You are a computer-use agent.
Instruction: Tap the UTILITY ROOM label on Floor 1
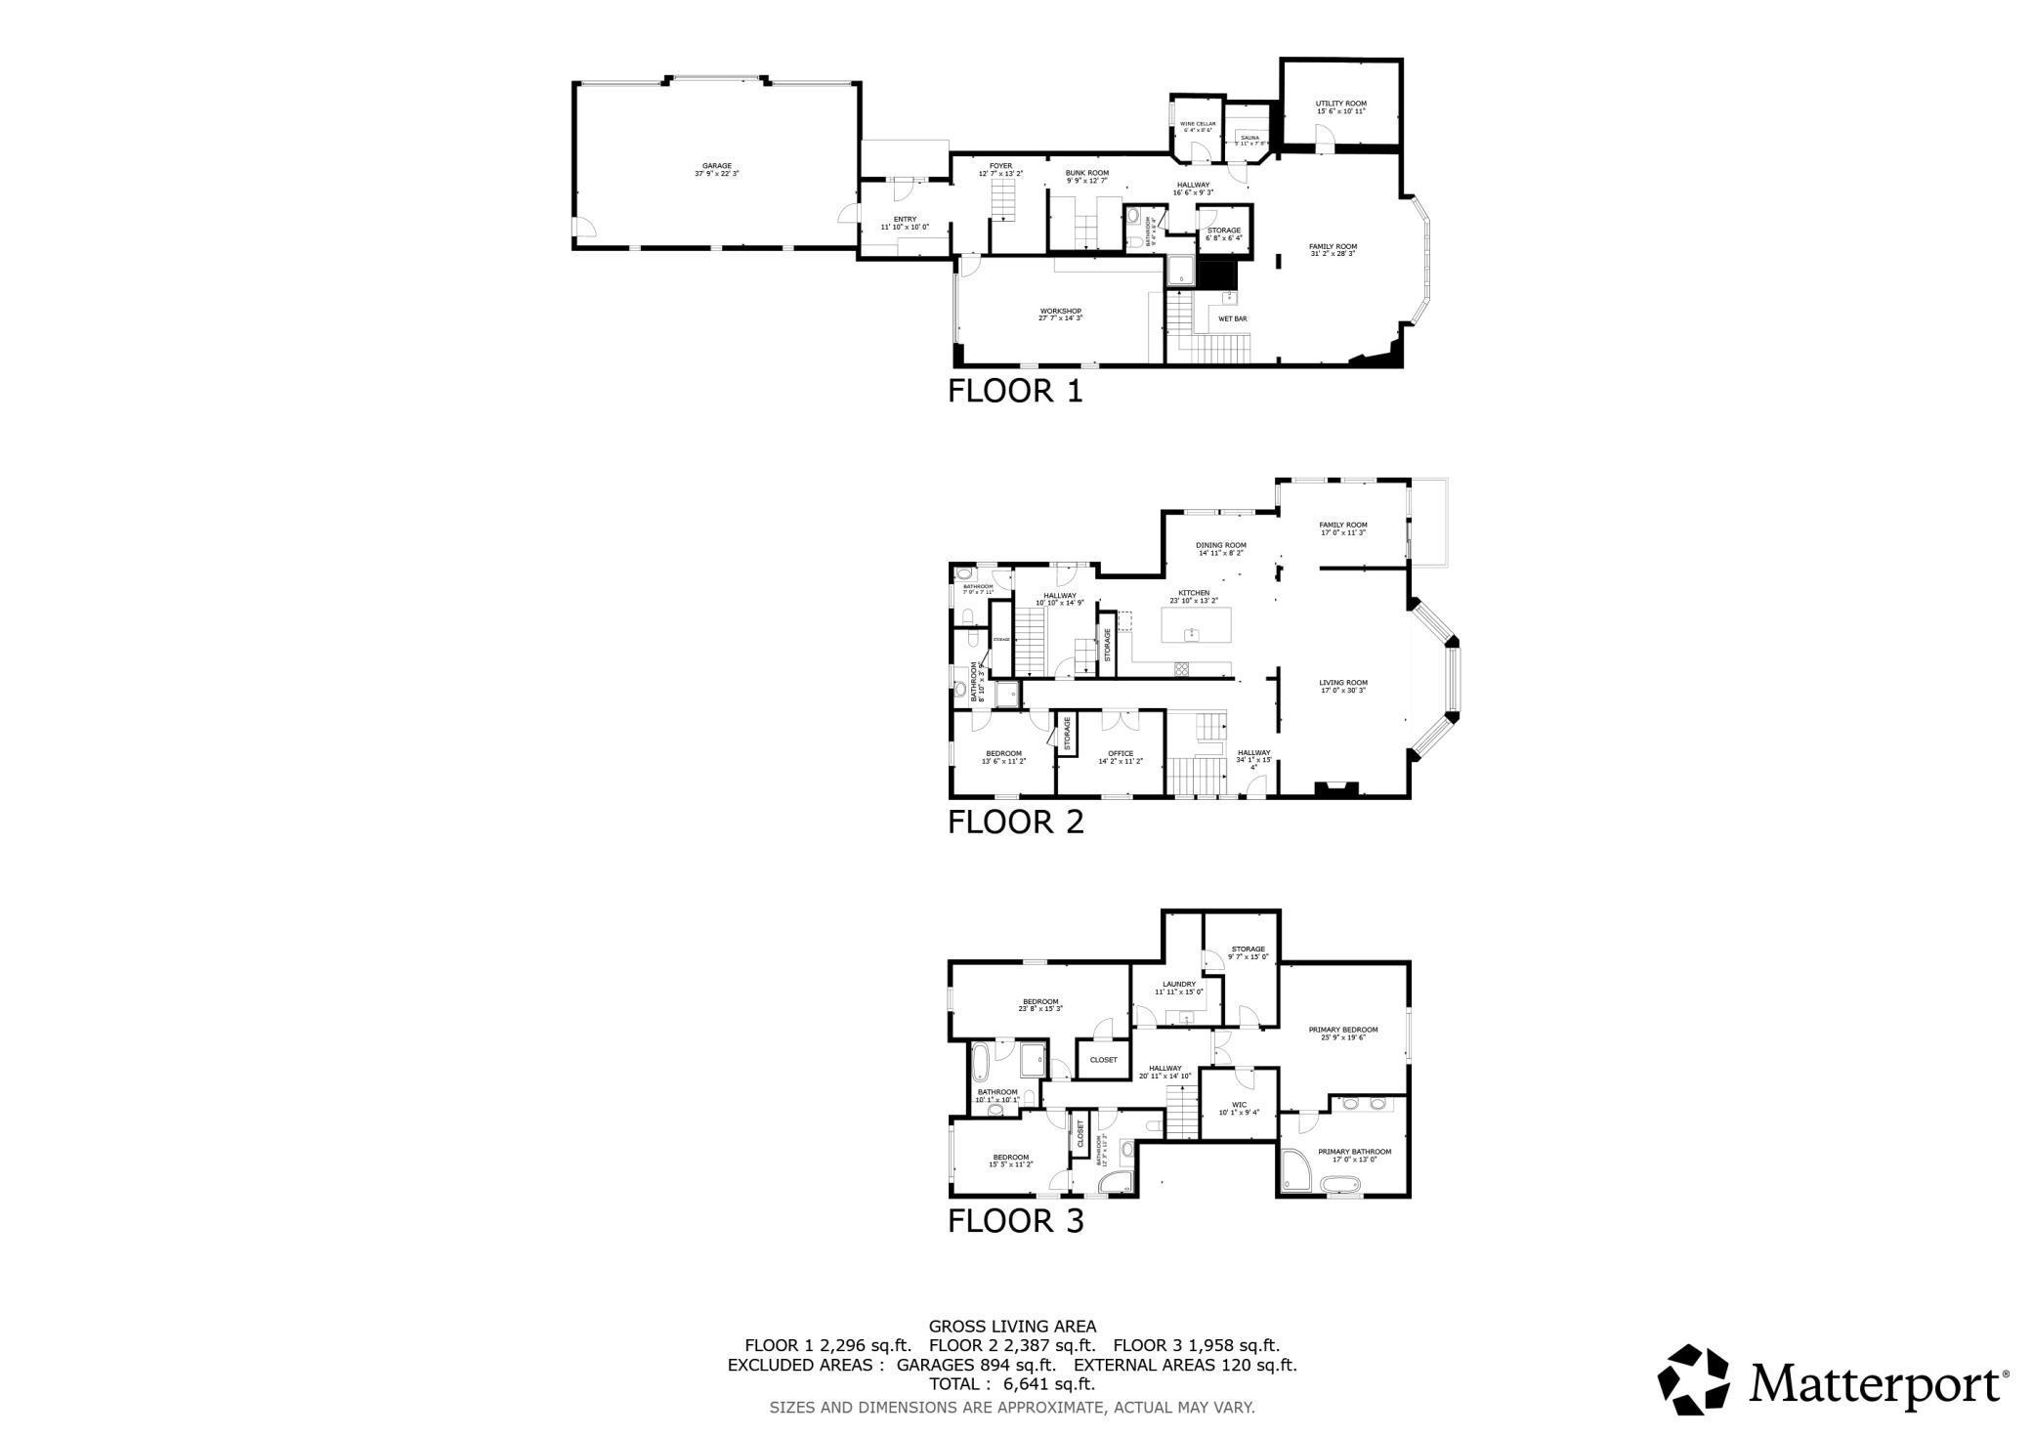coord(1340,104)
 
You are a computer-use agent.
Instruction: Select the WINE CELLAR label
coord(1198,124)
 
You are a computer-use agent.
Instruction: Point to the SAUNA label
coord(1250,138)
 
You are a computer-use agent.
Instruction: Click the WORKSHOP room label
coord(1060,312)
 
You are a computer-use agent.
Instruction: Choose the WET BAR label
coord(1232,318)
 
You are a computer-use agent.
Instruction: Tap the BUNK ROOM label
coord(1086,173)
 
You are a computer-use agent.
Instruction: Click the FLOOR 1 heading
coord(1015,392)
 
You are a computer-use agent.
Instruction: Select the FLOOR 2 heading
coord(1015,823)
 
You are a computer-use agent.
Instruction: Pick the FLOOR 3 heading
coord(1015,1221)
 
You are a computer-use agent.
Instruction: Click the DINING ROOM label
coord(1220,545)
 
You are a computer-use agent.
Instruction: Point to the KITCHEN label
coord(1193,593)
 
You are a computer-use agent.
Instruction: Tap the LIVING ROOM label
coord(1342,683)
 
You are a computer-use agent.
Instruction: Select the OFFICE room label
coord(1120,753)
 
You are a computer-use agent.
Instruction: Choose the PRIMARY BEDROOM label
coord(1342,1030)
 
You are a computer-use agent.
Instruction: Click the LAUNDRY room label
coord(1178,984)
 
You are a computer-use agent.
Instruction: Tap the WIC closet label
coord(1239,1105)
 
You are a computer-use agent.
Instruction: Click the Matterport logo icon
coord(1699,1379)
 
